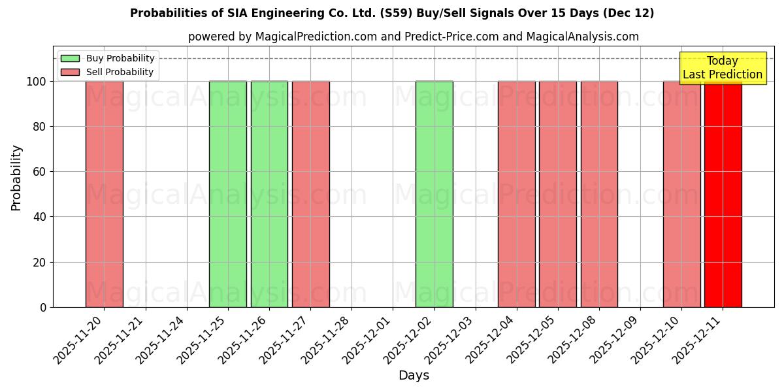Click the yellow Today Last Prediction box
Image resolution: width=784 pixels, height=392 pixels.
(x=723, y=68)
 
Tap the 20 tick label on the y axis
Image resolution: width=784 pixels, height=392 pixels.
(x=39, y=263)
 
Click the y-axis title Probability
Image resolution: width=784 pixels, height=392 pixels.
(x=16, y=177)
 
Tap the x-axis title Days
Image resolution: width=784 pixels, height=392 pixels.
(x=414, y=376)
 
